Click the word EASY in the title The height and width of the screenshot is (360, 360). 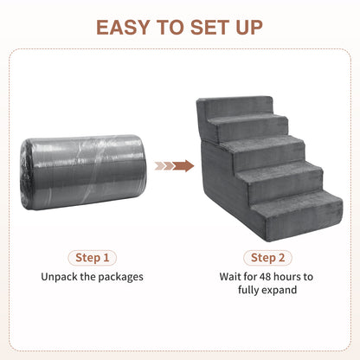(x=123, y=28)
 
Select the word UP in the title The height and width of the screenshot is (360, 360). (x=249, y=28)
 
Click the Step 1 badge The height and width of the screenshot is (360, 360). (x=93, y=258)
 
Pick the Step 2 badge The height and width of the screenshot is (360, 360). (x=267, y=258)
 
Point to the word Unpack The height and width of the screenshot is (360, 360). (x=60, y=277)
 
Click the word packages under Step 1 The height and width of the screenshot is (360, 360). (x=120, y=278)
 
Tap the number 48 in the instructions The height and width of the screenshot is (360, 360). (x=265, y=277)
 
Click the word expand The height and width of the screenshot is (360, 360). (x=280, y=290)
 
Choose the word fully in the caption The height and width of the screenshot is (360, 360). (x=249, y=290)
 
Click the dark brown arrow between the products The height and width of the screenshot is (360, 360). (x=183, y=166)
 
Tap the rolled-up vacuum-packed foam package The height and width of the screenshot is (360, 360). (x=83, y=172)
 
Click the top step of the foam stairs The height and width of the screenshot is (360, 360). (x=240, y=106)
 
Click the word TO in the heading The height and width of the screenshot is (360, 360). (x=170, y=28)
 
